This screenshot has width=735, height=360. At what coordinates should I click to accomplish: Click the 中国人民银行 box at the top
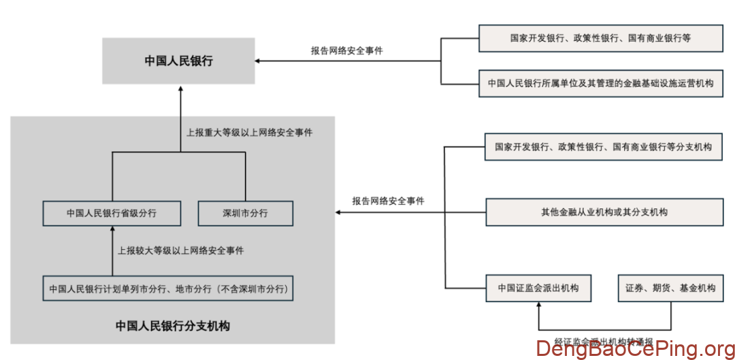(178, 61)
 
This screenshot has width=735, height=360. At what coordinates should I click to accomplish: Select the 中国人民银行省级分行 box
(112, 213)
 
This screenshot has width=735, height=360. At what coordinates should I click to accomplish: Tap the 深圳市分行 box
(245, 213)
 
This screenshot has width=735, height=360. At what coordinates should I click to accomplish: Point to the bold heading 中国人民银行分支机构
(172, 326)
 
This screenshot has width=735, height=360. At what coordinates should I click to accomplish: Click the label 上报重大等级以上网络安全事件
(250, 133)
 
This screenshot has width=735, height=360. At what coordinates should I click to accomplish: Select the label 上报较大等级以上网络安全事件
(180, 250)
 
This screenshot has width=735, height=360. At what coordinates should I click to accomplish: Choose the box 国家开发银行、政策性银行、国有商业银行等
(600, 38)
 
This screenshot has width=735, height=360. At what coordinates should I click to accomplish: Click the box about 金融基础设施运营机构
(600, 84)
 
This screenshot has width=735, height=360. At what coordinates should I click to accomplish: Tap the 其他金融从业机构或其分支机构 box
(604, 212)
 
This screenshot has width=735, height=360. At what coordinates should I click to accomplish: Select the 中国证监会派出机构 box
(538, 288)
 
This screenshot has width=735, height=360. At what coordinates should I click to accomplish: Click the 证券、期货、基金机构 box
(670, 288)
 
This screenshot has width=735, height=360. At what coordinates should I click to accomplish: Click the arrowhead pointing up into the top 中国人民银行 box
(180, 88)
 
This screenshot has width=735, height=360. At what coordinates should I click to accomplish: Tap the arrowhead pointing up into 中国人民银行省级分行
(112, 229)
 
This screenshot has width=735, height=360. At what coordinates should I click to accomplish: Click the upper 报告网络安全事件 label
(346, 50)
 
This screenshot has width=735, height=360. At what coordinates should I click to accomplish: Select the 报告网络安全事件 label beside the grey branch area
(388, 201)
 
